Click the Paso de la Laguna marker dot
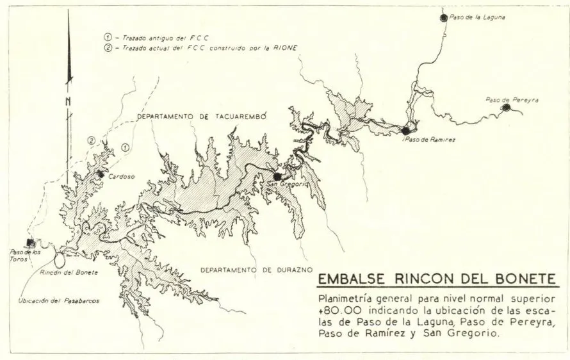coord(444,18)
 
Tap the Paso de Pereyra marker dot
coord(506,108)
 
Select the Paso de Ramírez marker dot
coord(405,130)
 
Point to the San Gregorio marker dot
coord(277,176)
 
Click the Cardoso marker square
coord(100,173)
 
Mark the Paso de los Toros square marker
coord(29,242)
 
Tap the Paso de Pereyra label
coord(512,99)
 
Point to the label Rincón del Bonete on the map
coord(69,273)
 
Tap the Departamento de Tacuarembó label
coord(201,116)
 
